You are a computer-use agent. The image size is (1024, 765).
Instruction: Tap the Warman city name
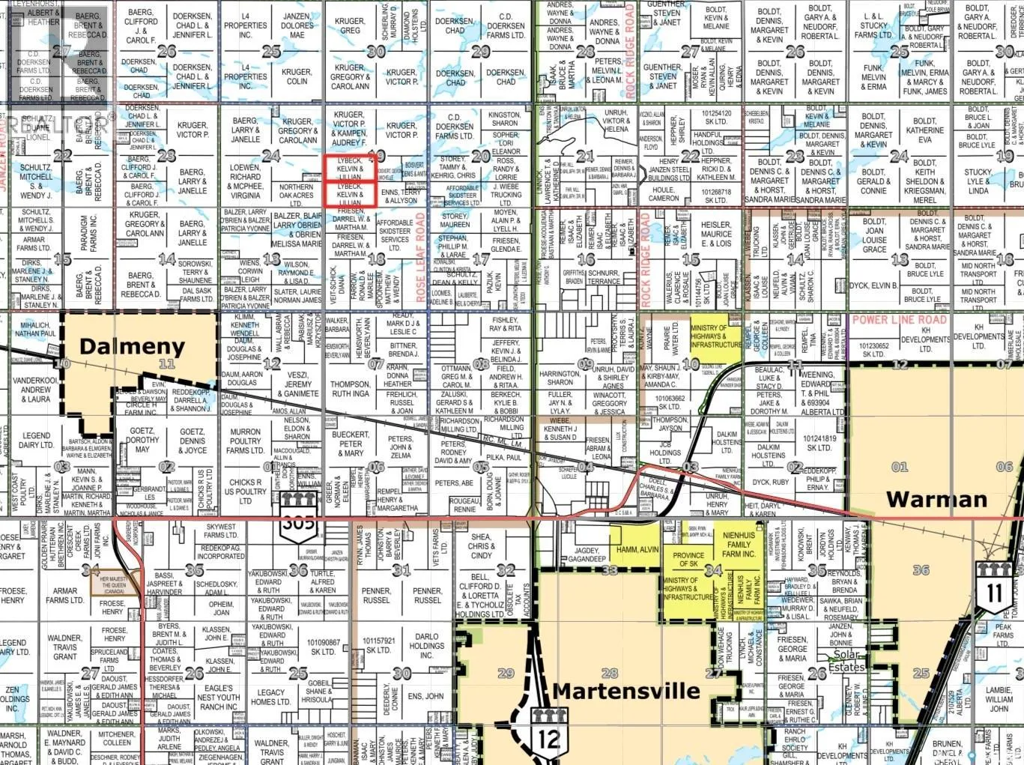(x=936, y=499)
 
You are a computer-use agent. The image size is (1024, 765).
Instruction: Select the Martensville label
(x=626, y=690)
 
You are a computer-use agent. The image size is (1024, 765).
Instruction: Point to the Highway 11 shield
(x=993, y=589)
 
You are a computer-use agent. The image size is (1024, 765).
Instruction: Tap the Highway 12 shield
(x=548, y=734)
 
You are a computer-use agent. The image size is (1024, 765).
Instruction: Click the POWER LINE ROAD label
(x=899, y=320)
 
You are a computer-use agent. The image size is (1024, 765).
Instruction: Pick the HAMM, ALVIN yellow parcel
(x=637, y=550)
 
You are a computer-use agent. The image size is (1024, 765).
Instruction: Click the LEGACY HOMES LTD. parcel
(x=271, y=698)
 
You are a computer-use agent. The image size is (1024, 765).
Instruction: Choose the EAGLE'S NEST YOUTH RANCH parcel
(x=218, y=697)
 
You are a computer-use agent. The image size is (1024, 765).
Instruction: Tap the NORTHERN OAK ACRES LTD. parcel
(x=296, y=195)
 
